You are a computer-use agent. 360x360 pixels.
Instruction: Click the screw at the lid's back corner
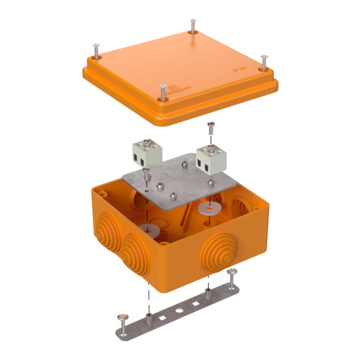(193, 26)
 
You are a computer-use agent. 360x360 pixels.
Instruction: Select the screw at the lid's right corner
(263, 61)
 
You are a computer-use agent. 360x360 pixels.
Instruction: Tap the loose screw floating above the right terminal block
(210, 128)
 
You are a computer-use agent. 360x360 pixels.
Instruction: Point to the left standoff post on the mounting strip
(149, 313)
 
